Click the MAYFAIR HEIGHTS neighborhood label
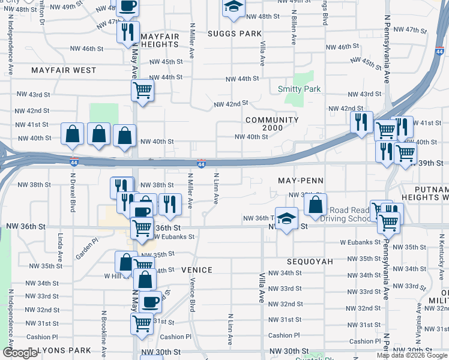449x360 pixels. (x=160, y=41)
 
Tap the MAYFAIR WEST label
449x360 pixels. (x=64, y=70)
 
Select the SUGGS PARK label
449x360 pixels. (x=235, y=34)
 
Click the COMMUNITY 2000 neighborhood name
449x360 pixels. (x=272, y=124)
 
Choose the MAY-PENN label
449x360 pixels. (x=301, y=180)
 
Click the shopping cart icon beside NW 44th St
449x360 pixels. (x=143, y=91)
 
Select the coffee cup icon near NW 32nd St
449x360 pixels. (x=150, y=301)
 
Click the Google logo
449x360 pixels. (x=20, y=353)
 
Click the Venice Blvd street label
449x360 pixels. (x=193, y=295)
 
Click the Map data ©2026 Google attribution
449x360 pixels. (x=412, y=355)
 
